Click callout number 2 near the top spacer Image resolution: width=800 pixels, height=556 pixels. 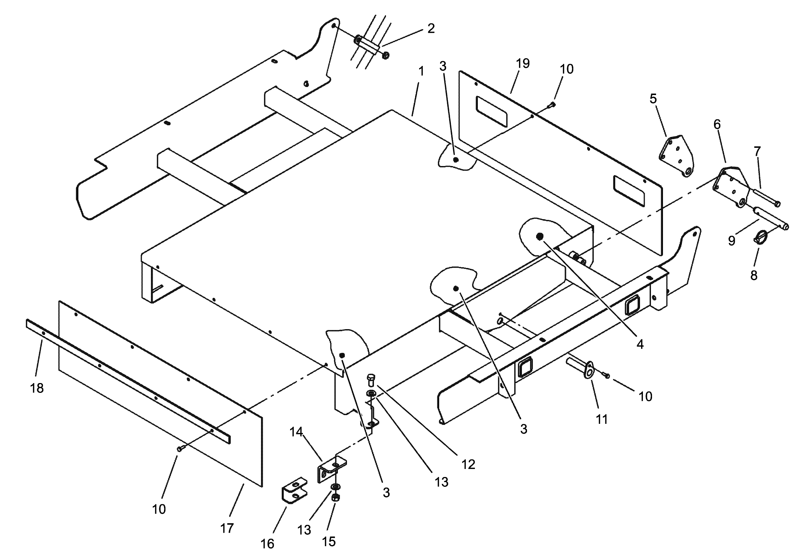[431, 28]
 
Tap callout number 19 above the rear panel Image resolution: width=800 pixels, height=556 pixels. [523, 63]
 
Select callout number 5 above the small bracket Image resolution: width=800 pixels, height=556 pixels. [653, 99]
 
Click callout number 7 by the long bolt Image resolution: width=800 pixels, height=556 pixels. [757, 151]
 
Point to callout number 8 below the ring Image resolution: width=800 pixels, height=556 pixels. [754, 275]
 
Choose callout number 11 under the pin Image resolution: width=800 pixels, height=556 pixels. [601, 419]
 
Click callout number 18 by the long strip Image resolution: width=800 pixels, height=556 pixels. [37, 388]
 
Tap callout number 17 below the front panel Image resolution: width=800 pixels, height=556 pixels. [227, 528]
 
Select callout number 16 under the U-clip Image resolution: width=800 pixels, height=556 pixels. [267, 544]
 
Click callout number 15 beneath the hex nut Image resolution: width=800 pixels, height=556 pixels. [328, 541]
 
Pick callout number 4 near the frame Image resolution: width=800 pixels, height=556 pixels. [640, 344]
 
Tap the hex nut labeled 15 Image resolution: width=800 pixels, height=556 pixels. [336, 498]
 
